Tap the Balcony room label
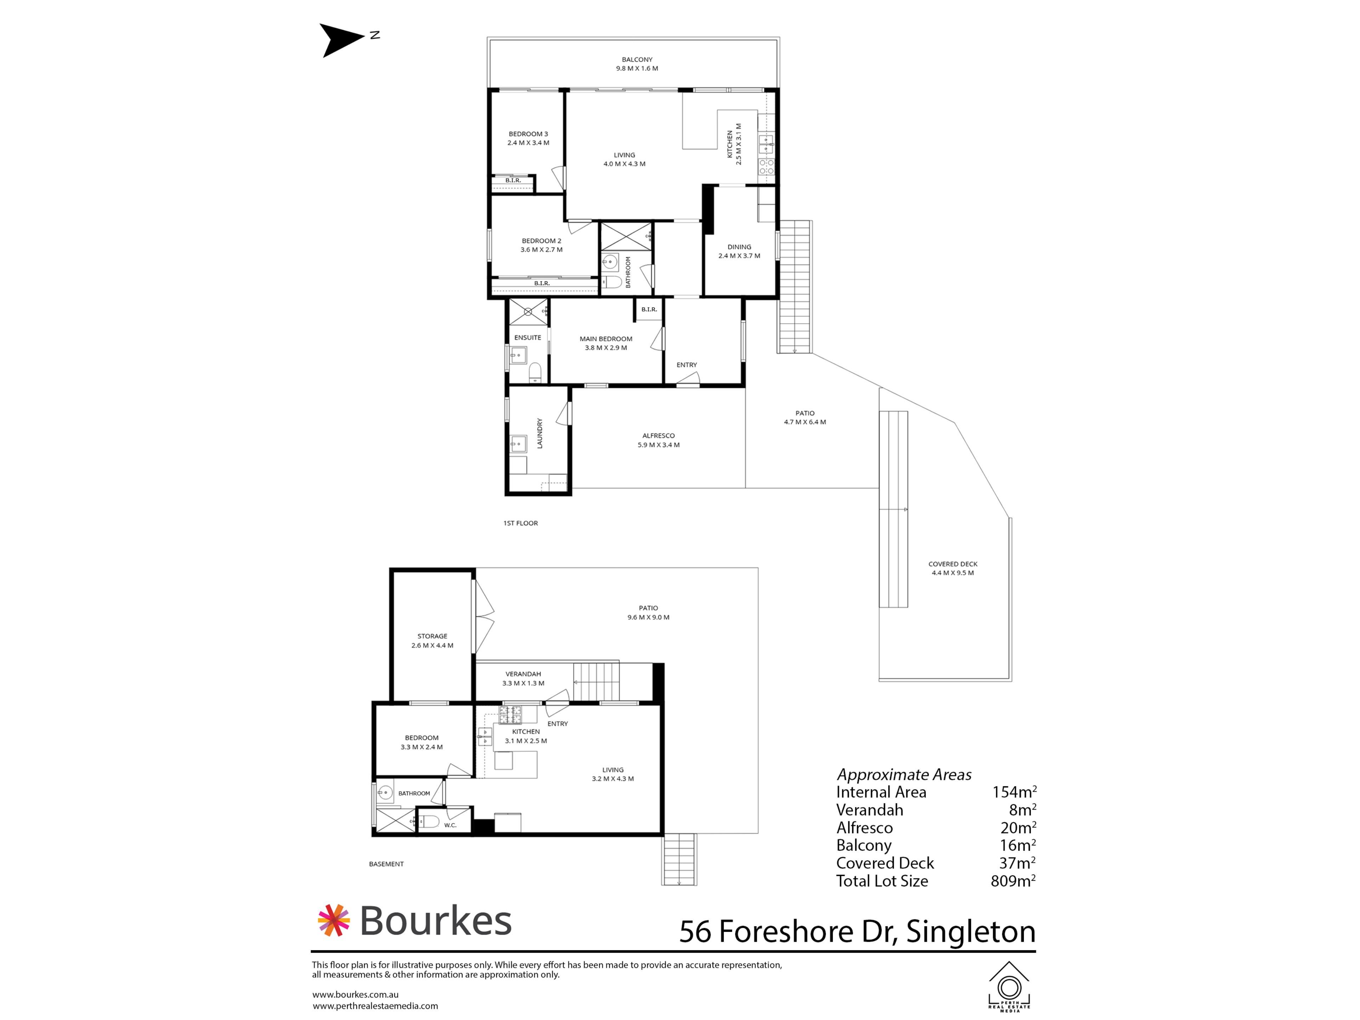click(637, 64)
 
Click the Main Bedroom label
click(606, 343)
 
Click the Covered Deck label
click(952, 568)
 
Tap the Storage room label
click(432, 641)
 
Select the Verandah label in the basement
click(523, 678)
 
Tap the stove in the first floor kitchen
click(766, 166)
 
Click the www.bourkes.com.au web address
click(355, 994)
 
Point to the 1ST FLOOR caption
click(520, 523)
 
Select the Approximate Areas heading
click(904, 775)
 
